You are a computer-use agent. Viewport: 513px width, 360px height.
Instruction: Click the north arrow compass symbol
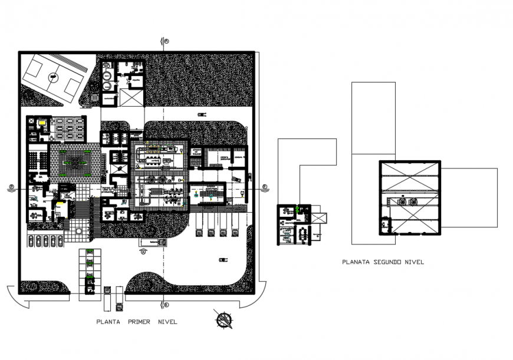224,320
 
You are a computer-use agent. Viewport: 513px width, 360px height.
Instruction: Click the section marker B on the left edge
12,188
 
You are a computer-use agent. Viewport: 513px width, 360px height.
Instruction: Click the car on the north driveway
202,114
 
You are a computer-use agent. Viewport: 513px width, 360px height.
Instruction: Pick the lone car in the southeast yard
223,259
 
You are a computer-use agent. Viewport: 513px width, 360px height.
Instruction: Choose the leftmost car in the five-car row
31,240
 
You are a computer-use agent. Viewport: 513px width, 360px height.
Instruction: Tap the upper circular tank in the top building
108,75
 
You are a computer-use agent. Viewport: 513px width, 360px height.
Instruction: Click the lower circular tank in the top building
108,85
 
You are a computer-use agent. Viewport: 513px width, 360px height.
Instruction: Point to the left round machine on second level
402,201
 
